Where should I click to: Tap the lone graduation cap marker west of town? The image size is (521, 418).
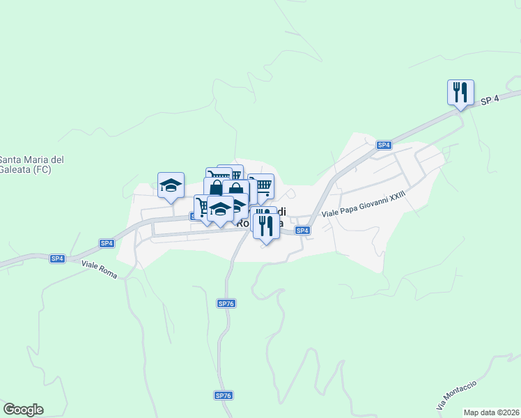tap(171, 185)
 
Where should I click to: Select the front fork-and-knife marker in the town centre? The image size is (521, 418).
tap(265, 226)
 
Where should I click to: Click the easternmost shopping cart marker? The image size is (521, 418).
tap(262, 185)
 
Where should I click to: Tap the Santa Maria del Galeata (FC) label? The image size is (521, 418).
tap(31, 164)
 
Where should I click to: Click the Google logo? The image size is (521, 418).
tap(23, 410)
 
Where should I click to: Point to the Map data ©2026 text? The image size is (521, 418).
tap(491, 412)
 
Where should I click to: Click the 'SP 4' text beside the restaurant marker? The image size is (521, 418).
tap(490, 100)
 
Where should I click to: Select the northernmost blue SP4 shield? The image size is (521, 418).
tap(384, 145)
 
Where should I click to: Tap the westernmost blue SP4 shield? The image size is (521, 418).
tap(57, 258)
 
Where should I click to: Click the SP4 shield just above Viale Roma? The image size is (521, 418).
tap(106, 243)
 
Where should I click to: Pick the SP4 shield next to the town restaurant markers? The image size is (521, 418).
tap(302, 231)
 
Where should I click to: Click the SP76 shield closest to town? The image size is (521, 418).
tap(225, 303)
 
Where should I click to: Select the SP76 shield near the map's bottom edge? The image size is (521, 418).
tap(223, 396)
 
